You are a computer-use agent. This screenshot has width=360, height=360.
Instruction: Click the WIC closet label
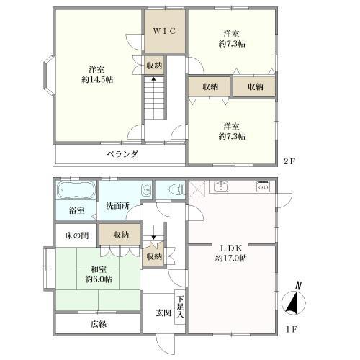(x=165, y=32)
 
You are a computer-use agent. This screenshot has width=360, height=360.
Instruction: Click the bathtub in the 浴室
(x=75, y=192)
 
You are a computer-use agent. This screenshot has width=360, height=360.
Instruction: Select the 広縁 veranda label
(x=99, y=324)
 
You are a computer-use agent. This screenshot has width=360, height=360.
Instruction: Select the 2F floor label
(x=289, y=162)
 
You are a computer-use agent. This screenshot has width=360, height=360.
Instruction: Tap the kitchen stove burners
(x=263, y=186)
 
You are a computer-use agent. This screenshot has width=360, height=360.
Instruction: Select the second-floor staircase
(x=154, y=99)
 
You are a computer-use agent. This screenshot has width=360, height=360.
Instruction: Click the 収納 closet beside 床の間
(x=120, y=235)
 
